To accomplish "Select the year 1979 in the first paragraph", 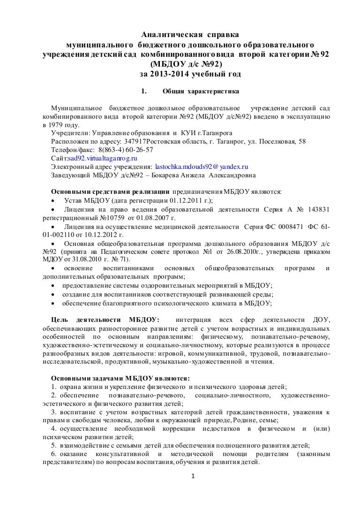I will [53, 125].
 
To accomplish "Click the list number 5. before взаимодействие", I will [54, 446].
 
